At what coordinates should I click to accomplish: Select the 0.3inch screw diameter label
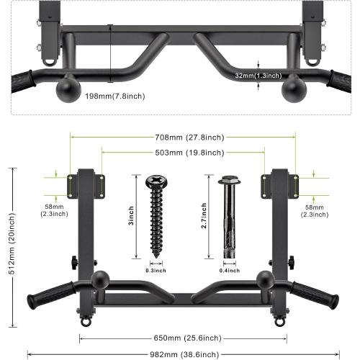155,271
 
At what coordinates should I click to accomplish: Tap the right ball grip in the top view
295,89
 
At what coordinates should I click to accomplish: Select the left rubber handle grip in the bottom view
50,296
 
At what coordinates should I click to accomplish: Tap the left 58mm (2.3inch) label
53,210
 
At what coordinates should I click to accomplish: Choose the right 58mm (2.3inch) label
314,210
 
